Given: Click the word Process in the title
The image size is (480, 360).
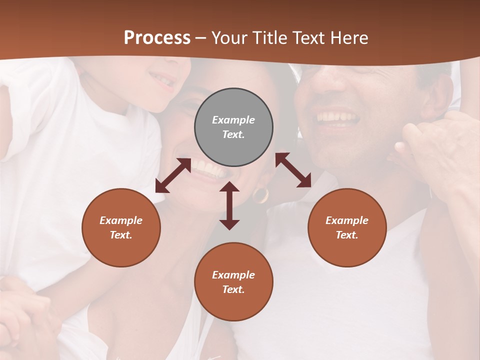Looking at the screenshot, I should (x=157, y=38).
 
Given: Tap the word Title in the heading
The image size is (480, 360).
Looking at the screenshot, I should (x=270, y=38).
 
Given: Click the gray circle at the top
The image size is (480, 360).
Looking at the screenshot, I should (x=233, y=127).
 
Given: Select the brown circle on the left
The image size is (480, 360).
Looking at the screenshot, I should (x=121, y=227).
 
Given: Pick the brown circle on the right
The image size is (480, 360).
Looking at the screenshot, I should (x=347, y=227).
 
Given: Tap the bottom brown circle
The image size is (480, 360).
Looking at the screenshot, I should (x=233, y=281).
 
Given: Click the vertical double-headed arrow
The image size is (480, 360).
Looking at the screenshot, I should (x=229, y=205).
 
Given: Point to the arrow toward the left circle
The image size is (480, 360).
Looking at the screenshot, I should (x=173, y=175).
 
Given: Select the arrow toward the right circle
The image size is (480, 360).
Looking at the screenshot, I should (x=293, y=170).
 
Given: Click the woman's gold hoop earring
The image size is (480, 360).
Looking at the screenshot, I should (x=260, y=195).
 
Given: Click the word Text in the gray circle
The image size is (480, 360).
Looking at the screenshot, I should (x=233, y=134).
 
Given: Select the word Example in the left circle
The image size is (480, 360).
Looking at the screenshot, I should (x=121, y=220).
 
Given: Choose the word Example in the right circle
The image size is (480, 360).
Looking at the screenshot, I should (x=347, y=220).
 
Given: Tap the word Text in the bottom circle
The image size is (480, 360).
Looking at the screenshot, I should (x=233, y=289).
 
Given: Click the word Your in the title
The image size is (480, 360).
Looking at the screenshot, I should (x=230, y=38).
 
